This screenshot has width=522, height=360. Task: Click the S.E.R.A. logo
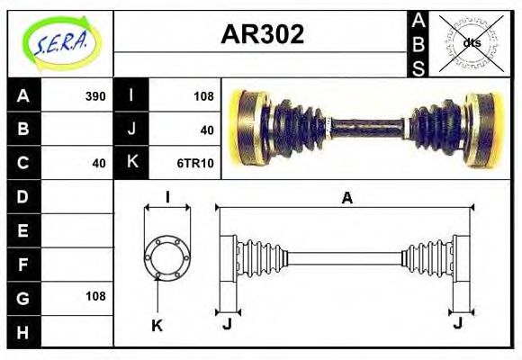pos(59,41)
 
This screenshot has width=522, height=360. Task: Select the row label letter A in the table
pos(23,95)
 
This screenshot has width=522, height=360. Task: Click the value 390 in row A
pos(94,95)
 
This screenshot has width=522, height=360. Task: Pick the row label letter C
pos(23,163)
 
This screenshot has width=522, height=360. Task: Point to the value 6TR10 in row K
pos(195,163)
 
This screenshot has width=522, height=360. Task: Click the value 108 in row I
pos(203,95)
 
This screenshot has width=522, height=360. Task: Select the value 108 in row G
pos(94,296)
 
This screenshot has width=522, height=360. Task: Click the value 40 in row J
pos(207,130)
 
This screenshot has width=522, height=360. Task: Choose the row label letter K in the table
pos(131,163)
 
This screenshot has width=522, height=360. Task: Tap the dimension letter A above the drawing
pos(346,199)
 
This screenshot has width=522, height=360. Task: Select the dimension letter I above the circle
pos(167,198)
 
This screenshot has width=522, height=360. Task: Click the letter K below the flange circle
pos(157,325)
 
